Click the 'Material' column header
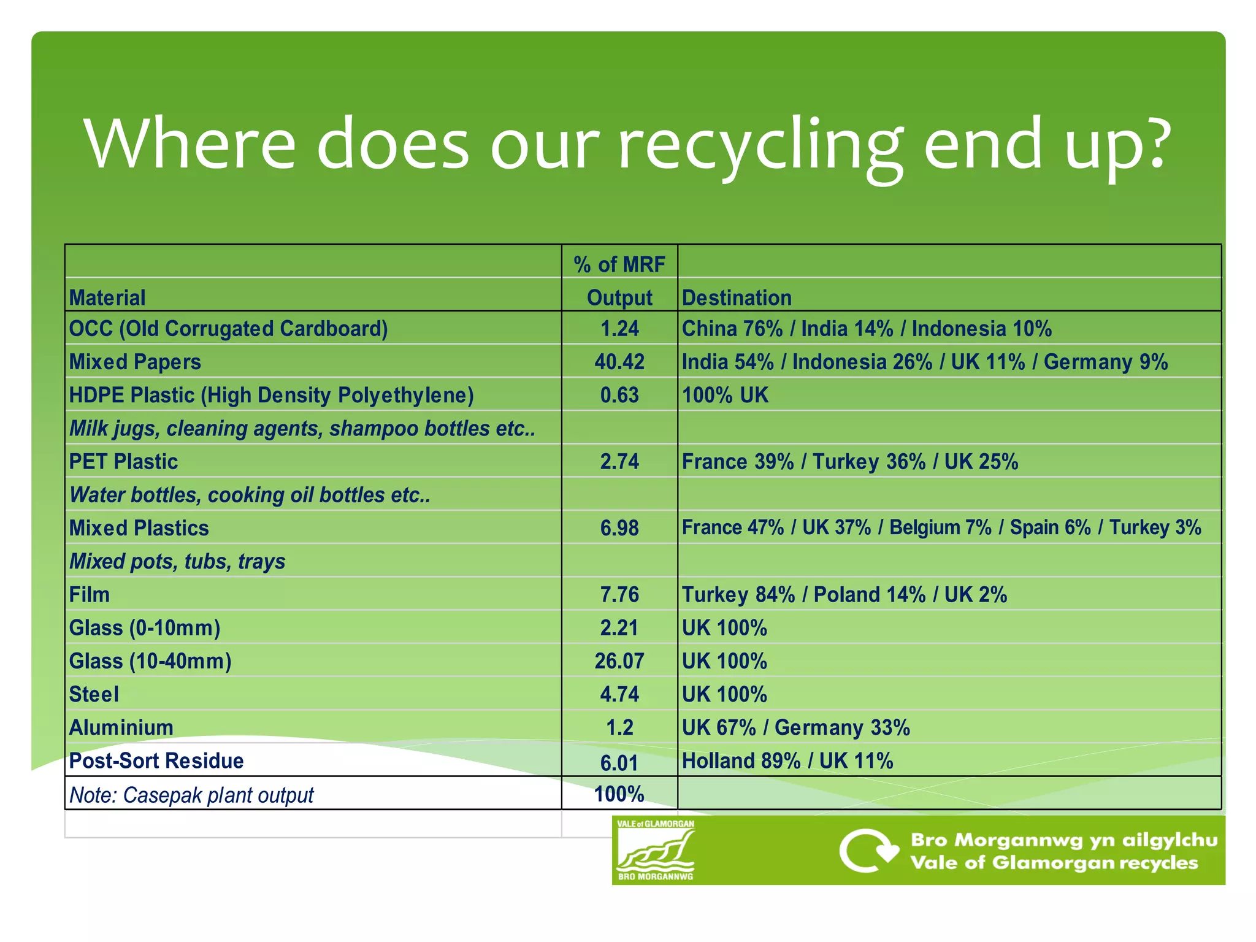(107, 298)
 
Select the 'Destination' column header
(737, 298)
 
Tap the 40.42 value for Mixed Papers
(619, 362)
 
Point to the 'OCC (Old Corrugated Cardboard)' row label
(228, 329)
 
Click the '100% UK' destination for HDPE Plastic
(725, 395)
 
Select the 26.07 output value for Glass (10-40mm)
(619, 661)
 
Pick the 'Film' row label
(90, 595)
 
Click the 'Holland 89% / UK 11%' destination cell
(787, 761)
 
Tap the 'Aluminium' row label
(121, 728)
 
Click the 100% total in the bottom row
(619, 794)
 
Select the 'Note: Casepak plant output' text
(191, 795)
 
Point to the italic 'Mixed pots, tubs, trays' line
(177, 562)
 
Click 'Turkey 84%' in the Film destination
(738, 595)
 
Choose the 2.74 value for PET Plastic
(619, 462)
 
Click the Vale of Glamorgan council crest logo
(656, 850)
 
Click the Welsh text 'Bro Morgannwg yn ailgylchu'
(1063, 840)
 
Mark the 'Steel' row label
(94, 695)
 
